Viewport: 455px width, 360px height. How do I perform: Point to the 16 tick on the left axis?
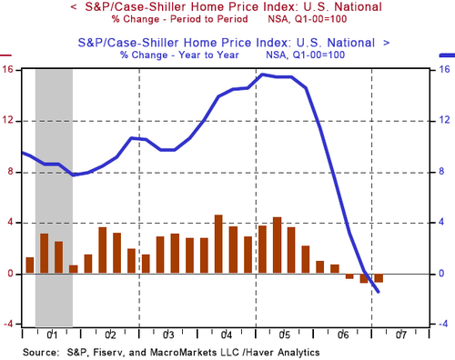pyautogui.click(x=9, y=70)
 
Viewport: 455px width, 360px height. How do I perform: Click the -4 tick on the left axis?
pyautogui.click(x=9, y=325)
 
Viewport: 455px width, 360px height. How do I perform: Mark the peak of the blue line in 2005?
pyautogui.click(x=262, y=75)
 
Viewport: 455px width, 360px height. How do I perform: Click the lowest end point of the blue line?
pyautogui.click(x=378, y=291)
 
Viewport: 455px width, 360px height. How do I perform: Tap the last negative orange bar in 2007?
pyautogui.click(x=379, y=277)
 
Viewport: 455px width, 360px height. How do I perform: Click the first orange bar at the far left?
pyautogui.click(x=29, y=265)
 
